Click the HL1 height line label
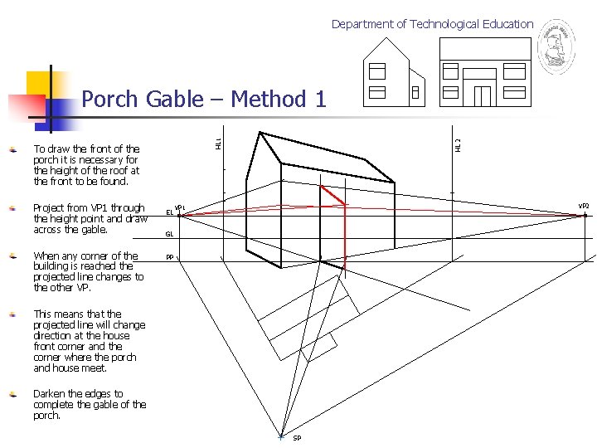(218, 144)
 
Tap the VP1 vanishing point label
(179, 207)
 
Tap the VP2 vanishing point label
(584, 205)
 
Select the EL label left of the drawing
(169, 212)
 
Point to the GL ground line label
(169, 234)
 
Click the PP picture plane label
(169, 257)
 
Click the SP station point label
(297, 438)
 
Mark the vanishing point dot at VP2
(585, 215)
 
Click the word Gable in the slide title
(174, 100)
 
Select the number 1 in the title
(320, 100)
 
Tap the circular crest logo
(556, 48)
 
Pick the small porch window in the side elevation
(415, 93)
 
